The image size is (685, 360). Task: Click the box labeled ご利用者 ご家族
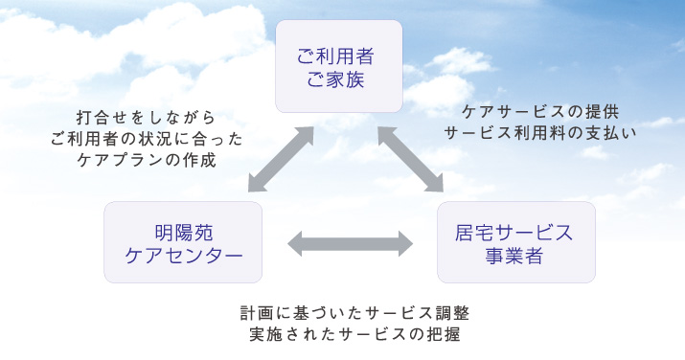point(339,65)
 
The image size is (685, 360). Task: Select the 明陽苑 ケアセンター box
point(182,241)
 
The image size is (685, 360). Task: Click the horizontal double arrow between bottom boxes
point(350,243)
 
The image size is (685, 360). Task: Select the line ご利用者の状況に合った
point(146,139)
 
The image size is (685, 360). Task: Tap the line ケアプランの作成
point(146,160)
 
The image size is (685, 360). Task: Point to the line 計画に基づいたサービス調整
point(354,313)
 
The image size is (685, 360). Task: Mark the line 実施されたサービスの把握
point(354,335)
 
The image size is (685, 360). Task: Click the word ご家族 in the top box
point(339,78)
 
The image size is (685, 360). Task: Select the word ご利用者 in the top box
point(339,54)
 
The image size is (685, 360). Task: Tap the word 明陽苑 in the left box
point(182,231)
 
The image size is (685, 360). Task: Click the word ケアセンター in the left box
point(182,255)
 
